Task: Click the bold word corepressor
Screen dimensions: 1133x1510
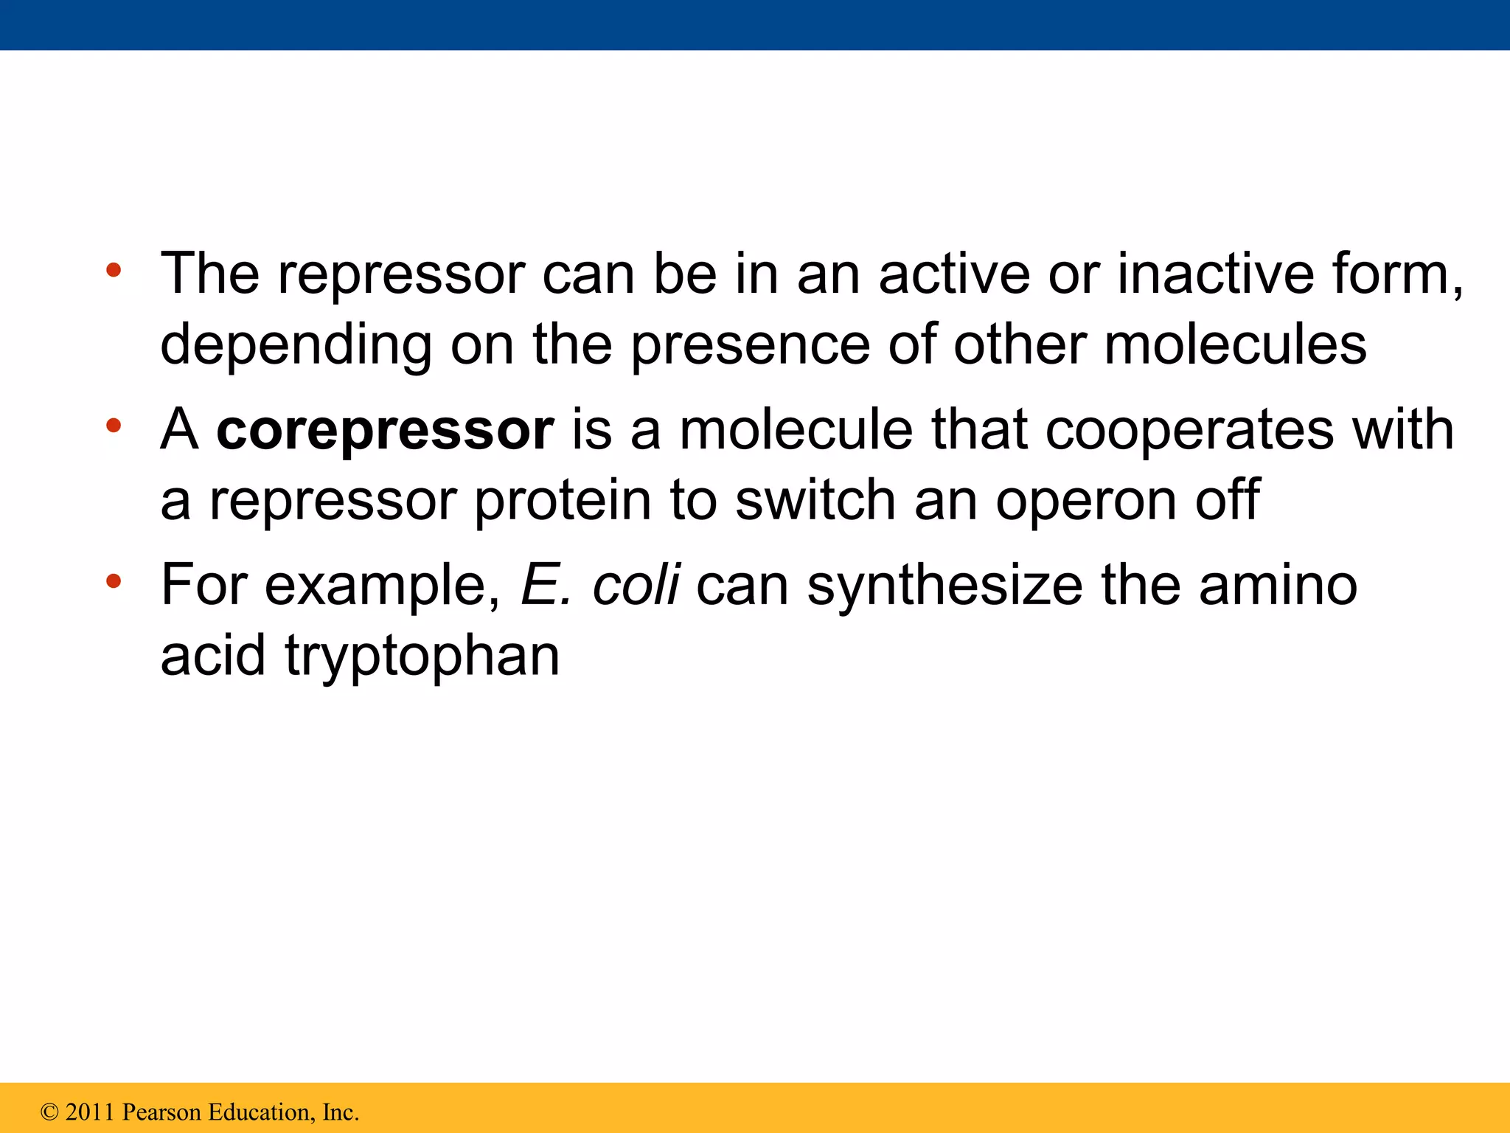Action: point(384,430)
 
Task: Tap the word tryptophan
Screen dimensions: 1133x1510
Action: point(422,656)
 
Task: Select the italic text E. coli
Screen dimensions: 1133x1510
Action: point(599,585)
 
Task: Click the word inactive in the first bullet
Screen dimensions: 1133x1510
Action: point(1216,274)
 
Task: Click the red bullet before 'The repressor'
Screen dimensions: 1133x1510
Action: point(113,270)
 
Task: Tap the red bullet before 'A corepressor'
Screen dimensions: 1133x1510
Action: point(113,426)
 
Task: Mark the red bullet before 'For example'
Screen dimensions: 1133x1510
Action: point(113,582)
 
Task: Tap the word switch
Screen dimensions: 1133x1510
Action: point(815,500)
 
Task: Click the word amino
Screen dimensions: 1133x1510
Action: point(1278,585)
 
